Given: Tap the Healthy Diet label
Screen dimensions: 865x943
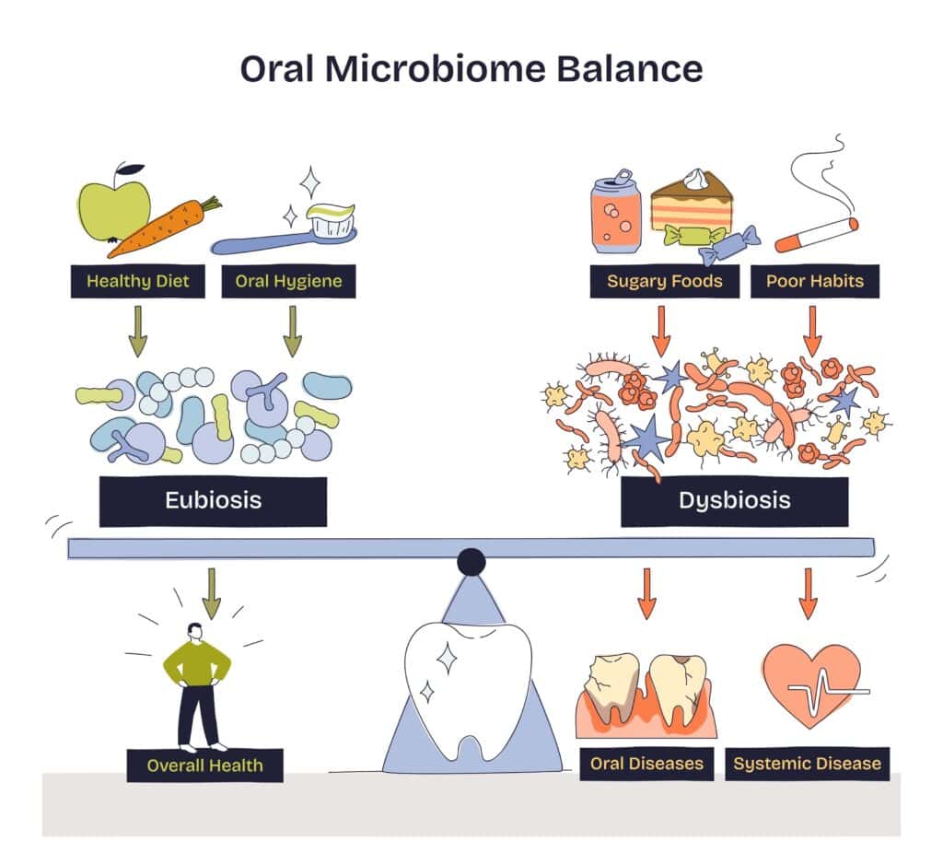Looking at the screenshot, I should coord(137,281).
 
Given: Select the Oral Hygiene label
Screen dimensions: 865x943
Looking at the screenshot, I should coord(288,281).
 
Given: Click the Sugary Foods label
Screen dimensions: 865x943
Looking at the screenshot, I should coord(664,281).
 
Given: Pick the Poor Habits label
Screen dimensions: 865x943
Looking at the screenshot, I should coord(815,281).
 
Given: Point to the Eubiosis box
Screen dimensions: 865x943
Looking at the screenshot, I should coord(213,500).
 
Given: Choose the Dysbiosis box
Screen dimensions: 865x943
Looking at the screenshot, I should coord(734,500).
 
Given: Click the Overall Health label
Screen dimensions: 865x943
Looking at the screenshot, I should coord(204,765).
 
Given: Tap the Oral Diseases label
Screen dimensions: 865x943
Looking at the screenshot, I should coord(646,764).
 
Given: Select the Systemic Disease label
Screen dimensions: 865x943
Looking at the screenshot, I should coord(807,764).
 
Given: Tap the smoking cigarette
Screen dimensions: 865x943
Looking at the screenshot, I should coord(816,234).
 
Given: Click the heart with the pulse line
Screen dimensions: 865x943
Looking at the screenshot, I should coord(810,683).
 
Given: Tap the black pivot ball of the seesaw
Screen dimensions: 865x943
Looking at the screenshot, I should coord(471,562).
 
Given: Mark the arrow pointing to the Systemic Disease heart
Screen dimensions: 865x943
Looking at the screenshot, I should coord(808,593).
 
